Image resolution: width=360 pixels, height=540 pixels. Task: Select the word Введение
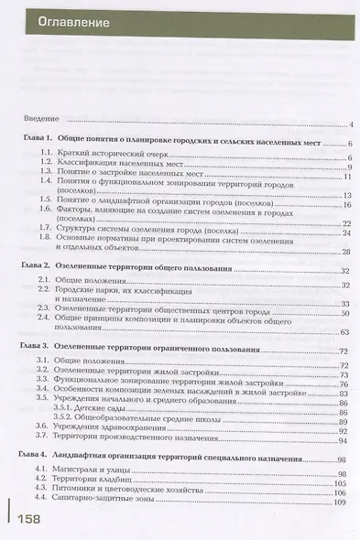click(x=40, y=124)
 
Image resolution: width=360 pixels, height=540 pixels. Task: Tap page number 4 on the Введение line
click(x=351, y=124)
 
